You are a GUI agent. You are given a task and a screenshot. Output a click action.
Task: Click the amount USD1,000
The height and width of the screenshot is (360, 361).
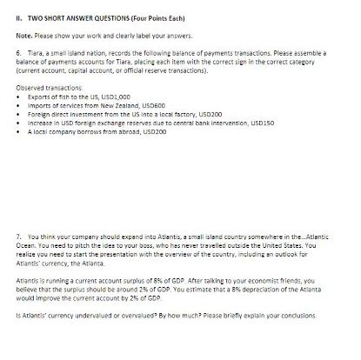(121, 97)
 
